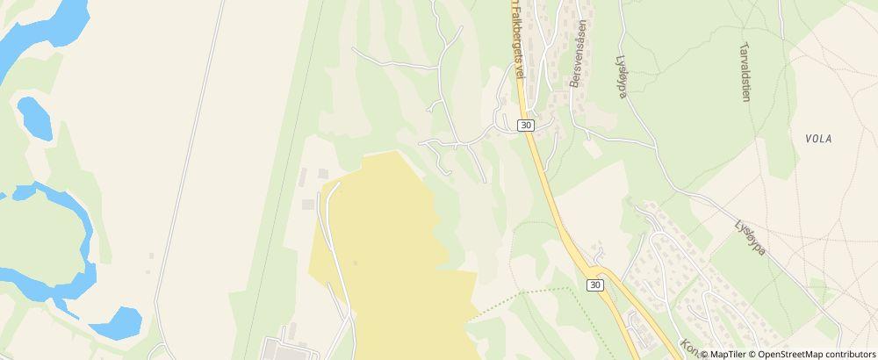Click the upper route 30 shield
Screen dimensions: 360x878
click(525, 126)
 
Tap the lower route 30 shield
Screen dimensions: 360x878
click(595, 284)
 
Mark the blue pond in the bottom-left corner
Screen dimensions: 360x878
click(116, 323)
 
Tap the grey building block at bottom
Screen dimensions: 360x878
click(290, 350)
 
